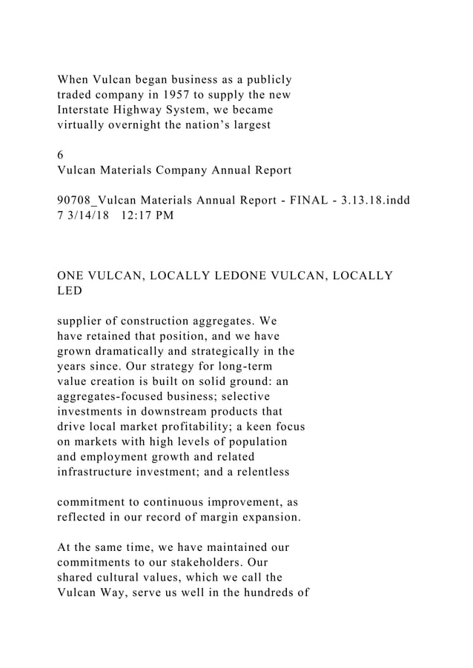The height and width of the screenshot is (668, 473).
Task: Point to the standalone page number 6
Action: (x=61, y=156)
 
